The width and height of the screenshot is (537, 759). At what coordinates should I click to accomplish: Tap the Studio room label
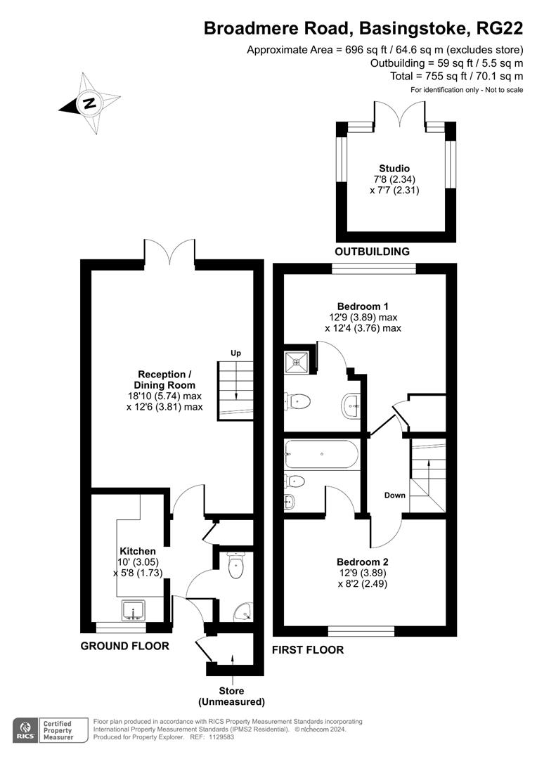(394, 169)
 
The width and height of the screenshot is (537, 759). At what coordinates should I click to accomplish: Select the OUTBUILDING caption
(372, 252)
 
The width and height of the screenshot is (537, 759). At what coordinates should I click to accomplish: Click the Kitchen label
(137, 551)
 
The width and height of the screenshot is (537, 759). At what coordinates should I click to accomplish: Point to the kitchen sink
(133, 609)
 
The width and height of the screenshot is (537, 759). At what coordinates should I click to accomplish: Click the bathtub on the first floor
(321, 455)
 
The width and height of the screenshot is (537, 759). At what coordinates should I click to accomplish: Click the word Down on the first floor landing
(395, 495)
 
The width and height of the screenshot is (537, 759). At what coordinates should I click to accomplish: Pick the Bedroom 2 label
(363, 562)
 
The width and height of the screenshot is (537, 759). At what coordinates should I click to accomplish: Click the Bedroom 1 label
(363, 306)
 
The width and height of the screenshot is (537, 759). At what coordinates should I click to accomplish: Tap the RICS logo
(25, 729)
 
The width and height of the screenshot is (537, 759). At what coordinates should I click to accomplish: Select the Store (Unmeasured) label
(231, 696)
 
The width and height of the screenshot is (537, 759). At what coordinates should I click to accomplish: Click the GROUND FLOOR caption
(124, 646)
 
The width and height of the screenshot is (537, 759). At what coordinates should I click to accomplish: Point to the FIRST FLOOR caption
(308, 650)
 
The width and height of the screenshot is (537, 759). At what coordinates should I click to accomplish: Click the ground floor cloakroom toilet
(237, 566)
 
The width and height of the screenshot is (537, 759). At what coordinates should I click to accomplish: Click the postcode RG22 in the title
(500, 29)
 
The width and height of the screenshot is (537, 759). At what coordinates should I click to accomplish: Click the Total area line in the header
(457, 76)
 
